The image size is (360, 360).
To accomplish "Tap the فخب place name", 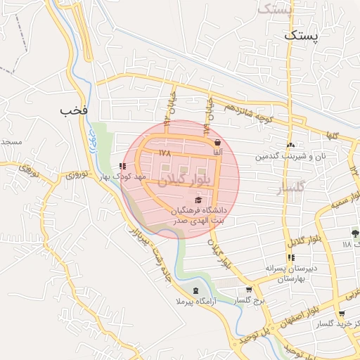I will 73,110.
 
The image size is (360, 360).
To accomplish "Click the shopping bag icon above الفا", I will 217,142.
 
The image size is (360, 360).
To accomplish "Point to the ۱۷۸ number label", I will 165,152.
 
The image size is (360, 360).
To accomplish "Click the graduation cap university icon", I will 198,200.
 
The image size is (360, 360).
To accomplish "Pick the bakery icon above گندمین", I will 291,145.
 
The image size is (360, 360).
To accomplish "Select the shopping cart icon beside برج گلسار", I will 248,289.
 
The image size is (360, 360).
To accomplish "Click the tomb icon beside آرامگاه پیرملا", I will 195,290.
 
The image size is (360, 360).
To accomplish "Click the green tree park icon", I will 354,233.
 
